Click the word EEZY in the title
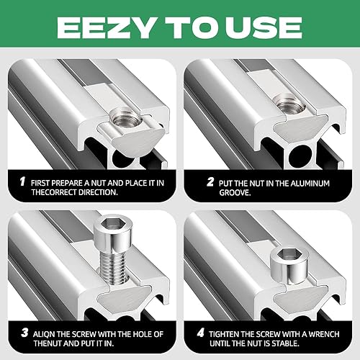(x=106, y=28)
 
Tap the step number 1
(x=22, y=181)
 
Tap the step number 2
(x=210, y=181)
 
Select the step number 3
(x=24, y=333)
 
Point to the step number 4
(x=201, y=333)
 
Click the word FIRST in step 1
(x=40, y=183)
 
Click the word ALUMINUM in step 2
(x=310, y=184)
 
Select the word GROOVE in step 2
(x=235, y=193)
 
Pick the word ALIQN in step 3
(x=44, y=334)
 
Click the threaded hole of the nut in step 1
(x=121, y=119)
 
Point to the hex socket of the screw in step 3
(x=109, y=224)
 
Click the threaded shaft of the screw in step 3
(x=113, y=266)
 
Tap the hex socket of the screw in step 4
(x=286, y=255)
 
